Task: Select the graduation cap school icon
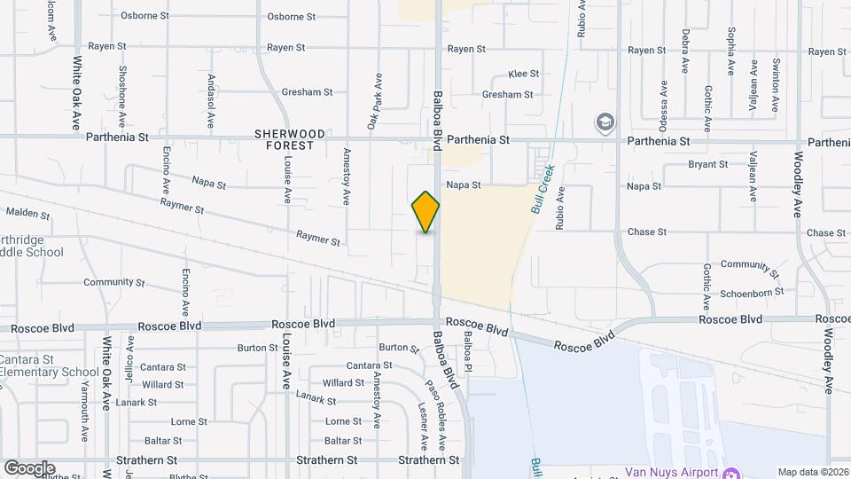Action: [x=605, y=122]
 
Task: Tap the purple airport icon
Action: [x=732, y=471]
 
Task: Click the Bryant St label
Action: [x=707, y=164]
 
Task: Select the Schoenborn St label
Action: [x=753, y=291]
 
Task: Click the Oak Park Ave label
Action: [x=375, y=103]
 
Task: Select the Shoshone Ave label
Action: [x=122, y=91]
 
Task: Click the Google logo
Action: [x=29, y=468]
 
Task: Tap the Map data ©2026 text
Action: [x=812, y=472]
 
